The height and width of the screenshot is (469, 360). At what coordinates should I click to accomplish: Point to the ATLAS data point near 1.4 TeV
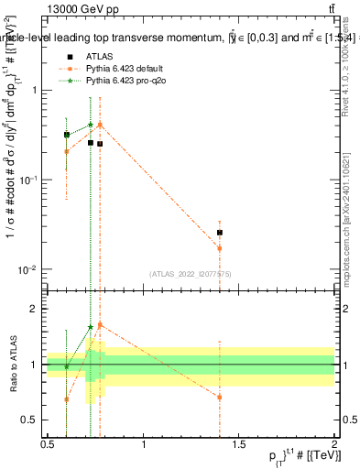(220, 233)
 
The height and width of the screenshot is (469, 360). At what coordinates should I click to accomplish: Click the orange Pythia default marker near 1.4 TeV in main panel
(220, 248)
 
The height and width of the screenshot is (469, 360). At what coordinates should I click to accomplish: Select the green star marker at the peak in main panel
(91, 125)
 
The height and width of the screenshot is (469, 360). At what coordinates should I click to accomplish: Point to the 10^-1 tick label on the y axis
(30, 180)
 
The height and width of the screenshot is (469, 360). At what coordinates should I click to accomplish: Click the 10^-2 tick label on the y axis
(30, 269)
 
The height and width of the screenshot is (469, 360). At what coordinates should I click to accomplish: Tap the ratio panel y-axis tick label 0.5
(33, 420)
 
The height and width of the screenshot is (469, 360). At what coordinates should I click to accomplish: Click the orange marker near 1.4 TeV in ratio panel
(220, 397)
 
